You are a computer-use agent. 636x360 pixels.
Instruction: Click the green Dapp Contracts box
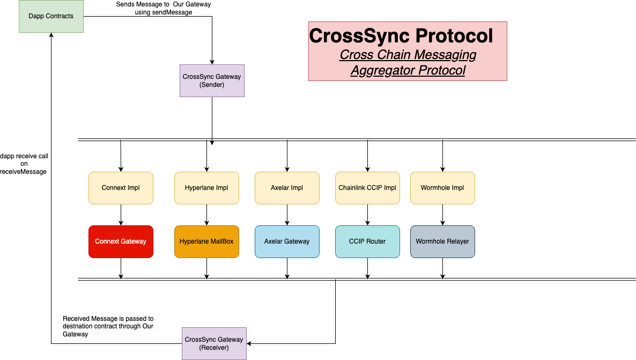pyautogui.click(x=51, y=16)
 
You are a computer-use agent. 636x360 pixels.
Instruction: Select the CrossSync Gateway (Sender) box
pyautogui.click(x=212, y=80)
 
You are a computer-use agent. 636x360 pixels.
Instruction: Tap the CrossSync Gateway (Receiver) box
pyautogui.click(x=214, y=343)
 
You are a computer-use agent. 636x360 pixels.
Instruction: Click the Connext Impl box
pyautogui.click(x=121, y=188)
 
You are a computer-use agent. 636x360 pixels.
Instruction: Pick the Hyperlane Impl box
pyautogui.click(x=206, y=188)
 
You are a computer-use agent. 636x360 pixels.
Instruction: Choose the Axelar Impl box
pyautogui.click(x=287, y=188)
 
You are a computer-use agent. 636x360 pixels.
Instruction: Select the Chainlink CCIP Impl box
pyautogui.click(x=367, y=188)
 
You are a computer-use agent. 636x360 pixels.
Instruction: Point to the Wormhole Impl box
pyautogui.click(x=442, y=188)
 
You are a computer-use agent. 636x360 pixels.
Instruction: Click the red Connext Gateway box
pyautogui.click(x=121, y=241)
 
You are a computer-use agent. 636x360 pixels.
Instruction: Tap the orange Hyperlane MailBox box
pyautogui.click(x=206, y=241)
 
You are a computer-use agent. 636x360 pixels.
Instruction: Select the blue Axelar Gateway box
pyautogui.click(x=287, y=241)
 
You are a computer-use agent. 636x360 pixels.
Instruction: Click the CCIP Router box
pyautogui.click(x=367, y=241)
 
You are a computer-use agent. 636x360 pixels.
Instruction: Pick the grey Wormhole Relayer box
pyautogui.click(x=442, y=241)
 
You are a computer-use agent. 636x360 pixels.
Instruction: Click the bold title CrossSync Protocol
pyautogui.click(x=401, y=36)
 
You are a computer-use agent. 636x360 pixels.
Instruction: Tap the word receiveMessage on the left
pyautogui.click(x=24, y=172)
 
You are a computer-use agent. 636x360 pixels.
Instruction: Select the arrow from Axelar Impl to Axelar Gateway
pyautogui.click(x=287, y=215)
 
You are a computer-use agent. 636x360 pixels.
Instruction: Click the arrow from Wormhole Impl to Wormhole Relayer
pyautogui.click(x=442, y=215)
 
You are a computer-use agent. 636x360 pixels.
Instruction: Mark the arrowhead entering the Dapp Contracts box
pyautogui.click(x=51, y=35)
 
